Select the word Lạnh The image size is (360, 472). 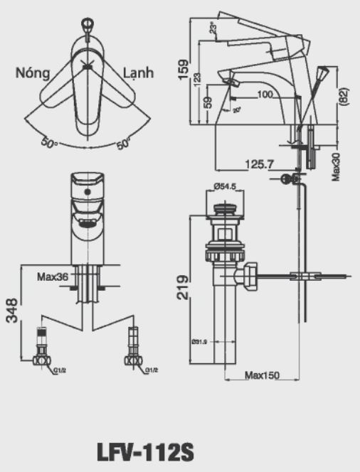coord(139,73)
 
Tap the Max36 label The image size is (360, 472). coord(53,277)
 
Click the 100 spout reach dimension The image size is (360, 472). coord(265,95)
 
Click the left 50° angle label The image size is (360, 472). coord(48,144)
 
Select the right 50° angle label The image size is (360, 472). coord(122,143)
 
